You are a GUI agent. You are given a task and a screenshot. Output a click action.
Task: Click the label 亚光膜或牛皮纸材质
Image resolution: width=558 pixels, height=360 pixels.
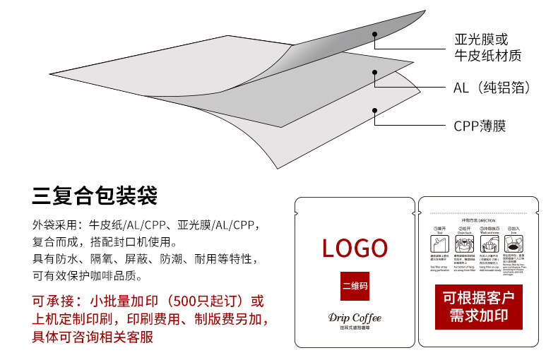pos(480,47)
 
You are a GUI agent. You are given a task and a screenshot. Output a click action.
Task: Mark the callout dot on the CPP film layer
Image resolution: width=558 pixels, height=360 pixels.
pos(375,110)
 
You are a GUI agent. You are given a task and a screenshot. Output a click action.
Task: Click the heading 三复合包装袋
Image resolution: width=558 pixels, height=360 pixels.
pos(95,196)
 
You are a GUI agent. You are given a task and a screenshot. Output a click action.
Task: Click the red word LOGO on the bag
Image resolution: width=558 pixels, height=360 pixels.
pos(355,248)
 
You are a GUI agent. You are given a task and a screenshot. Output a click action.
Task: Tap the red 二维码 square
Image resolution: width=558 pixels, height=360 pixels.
pos(355,287)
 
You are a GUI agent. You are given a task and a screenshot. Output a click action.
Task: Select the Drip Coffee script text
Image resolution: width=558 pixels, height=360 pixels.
pos(355,318)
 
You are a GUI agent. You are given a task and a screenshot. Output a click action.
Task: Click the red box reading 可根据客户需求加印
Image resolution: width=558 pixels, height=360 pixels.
pos(478,306)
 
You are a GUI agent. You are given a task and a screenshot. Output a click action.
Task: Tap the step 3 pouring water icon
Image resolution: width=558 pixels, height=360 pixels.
pos(489,244)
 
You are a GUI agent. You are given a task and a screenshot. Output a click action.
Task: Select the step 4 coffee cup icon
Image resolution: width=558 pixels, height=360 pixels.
pos(515,244)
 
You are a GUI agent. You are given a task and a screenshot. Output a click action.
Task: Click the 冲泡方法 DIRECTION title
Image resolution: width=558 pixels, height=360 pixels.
pos(478,220)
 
